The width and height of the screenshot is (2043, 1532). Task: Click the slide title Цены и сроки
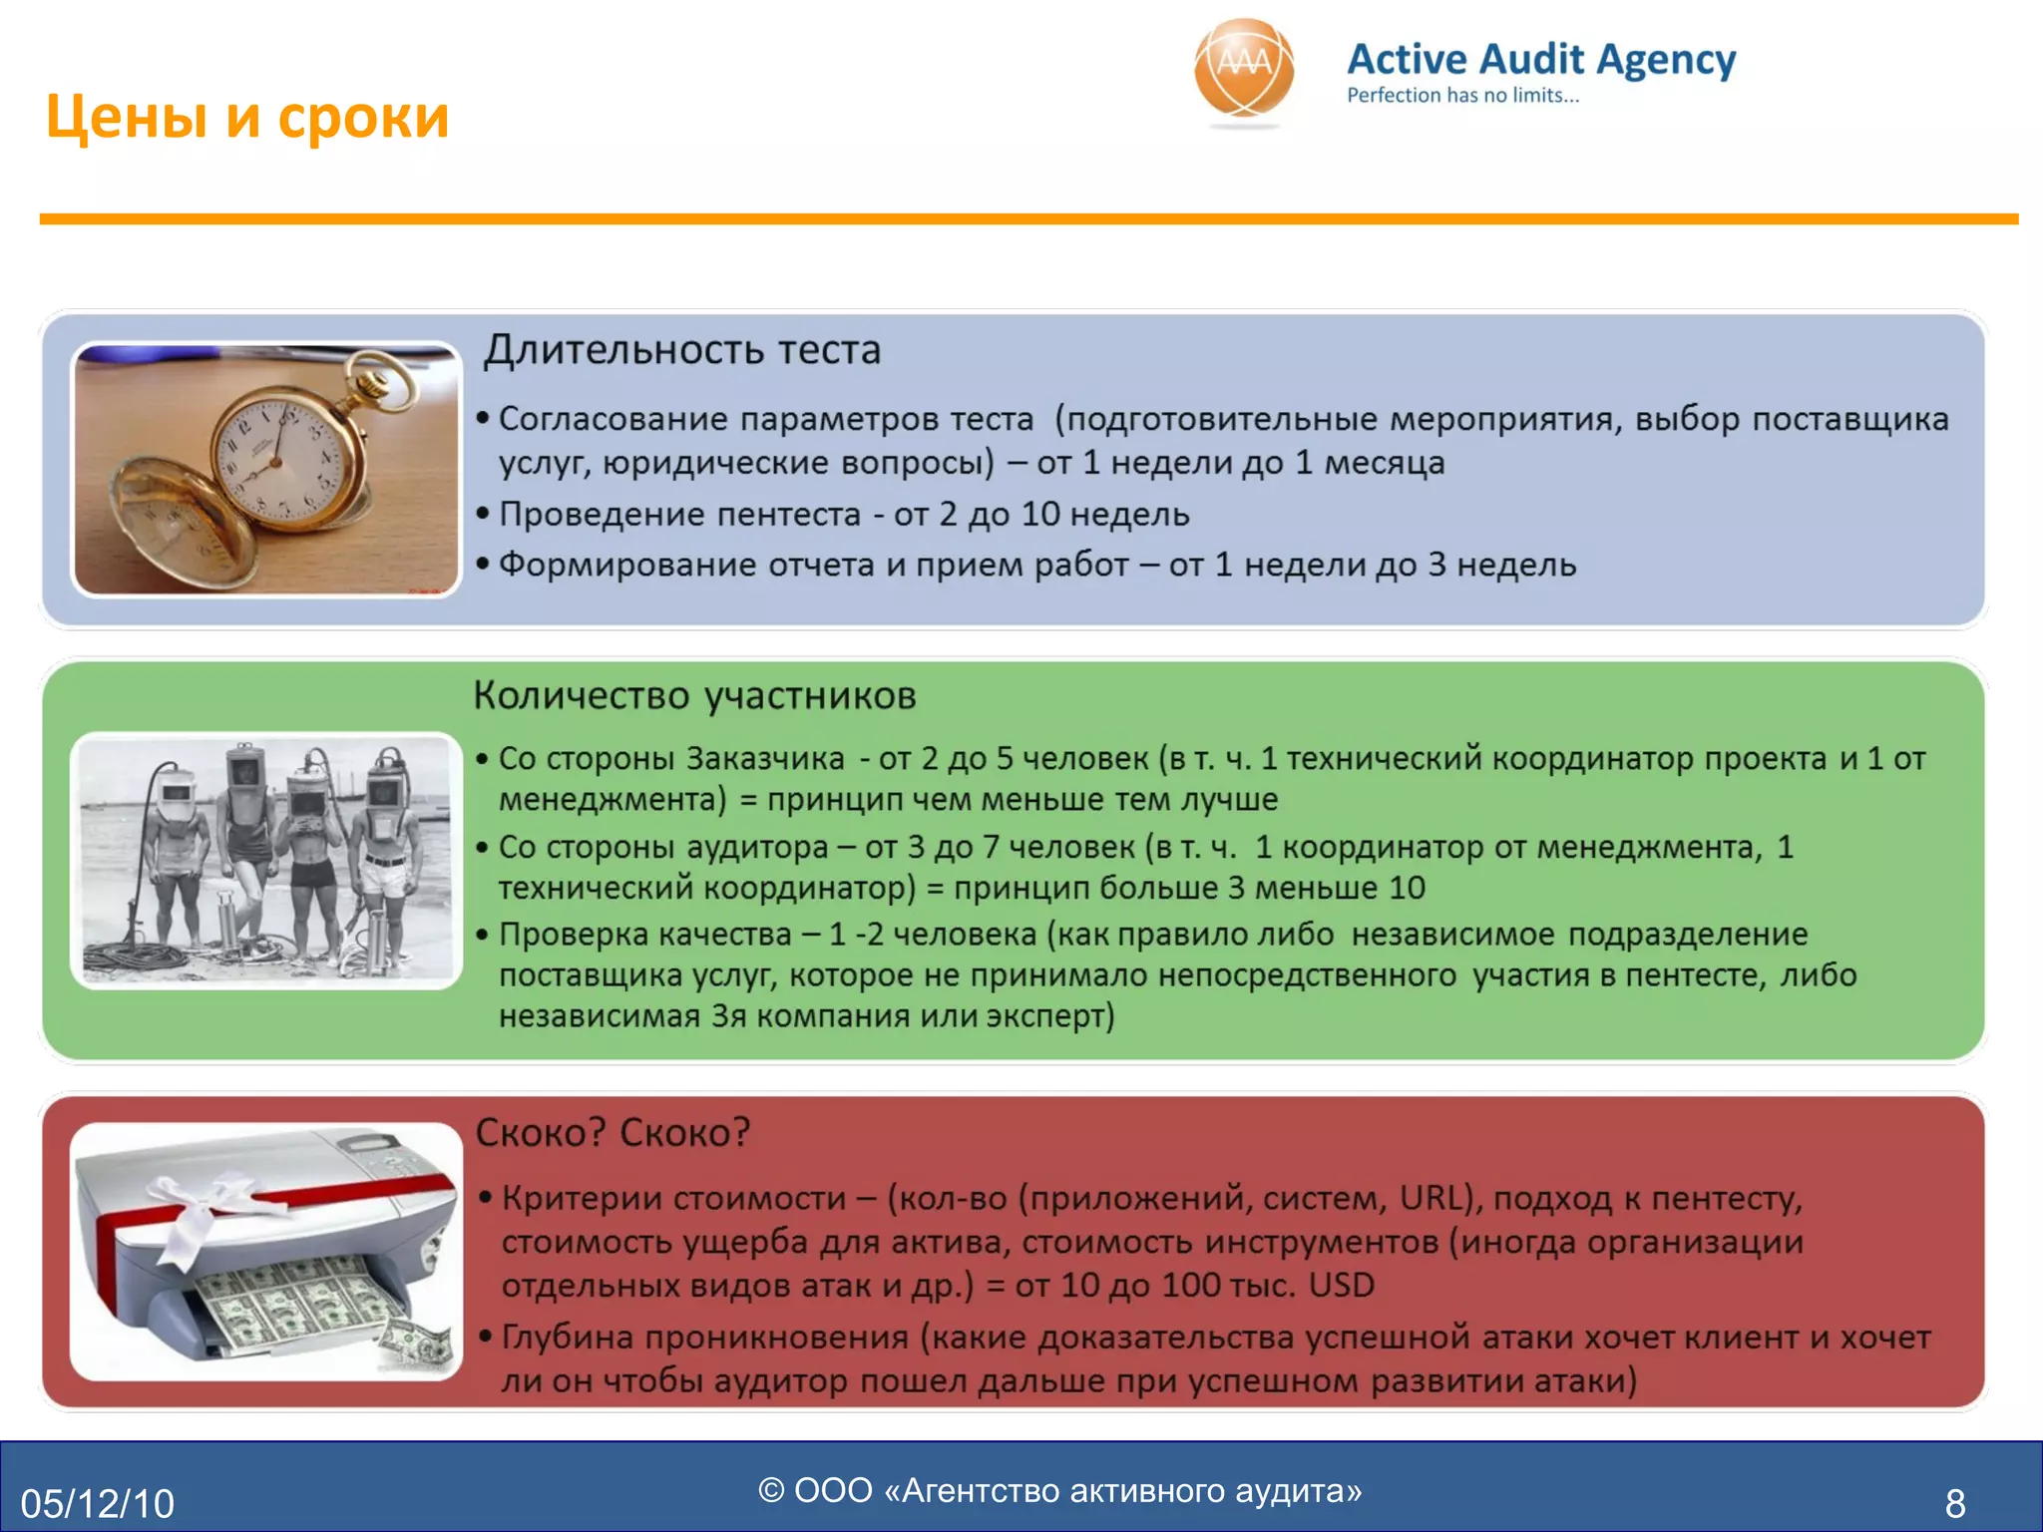tap(247, 117)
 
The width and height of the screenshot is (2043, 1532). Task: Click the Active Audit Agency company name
tap(1540, 60)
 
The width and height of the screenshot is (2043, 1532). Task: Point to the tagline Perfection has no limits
tap(1462, 96)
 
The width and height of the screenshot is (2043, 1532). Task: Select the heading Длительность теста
tap(682, 350)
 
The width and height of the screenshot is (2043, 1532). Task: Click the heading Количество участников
tap(694, 695)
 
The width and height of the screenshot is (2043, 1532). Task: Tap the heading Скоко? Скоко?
tap(613, 1133)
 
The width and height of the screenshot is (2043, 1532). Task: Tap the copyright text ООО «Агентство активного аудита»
tap(1059, 1490)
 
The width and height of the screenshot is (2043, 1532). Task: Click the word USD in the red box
tap(1341, 1285)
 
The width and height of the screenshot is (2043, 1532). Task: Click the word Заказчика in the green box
tap(765, 759)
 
